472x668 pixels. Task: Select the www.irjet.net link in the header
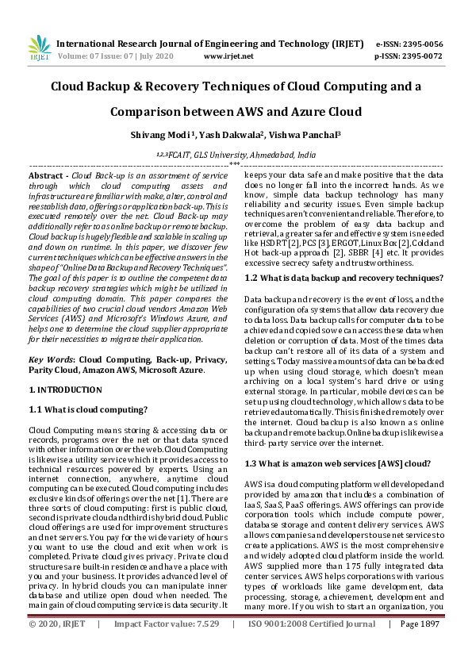pos(228,57)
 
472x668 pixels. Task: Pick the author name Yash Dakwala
pos(233,136)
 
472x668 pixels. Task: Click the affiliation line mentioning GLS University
pos(236,155)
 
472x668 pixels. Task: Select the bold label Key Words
pos(49,359)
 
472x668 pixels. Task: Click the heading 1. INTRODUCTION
pos(65,390)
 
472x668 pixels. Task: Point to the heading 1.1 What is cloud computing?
pos(87,409)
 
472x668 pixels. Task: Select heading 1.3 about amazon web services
pos(338,463)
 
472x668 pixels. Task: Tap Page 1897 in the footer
pos(419,647)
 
